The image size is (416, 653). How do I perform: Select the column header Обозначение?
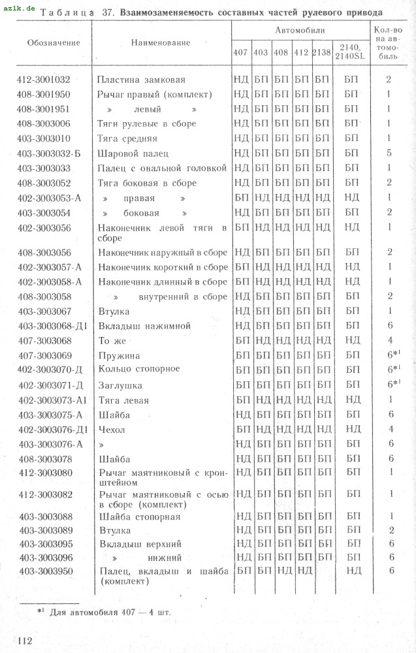coord(54,42)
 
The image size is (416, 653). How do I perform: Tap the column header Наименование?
coord(161,42)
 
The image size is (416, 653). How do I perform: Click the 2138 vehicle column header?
coord(321,52)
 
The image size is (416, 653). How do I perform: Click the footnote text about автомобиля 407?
coord(108,612)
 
